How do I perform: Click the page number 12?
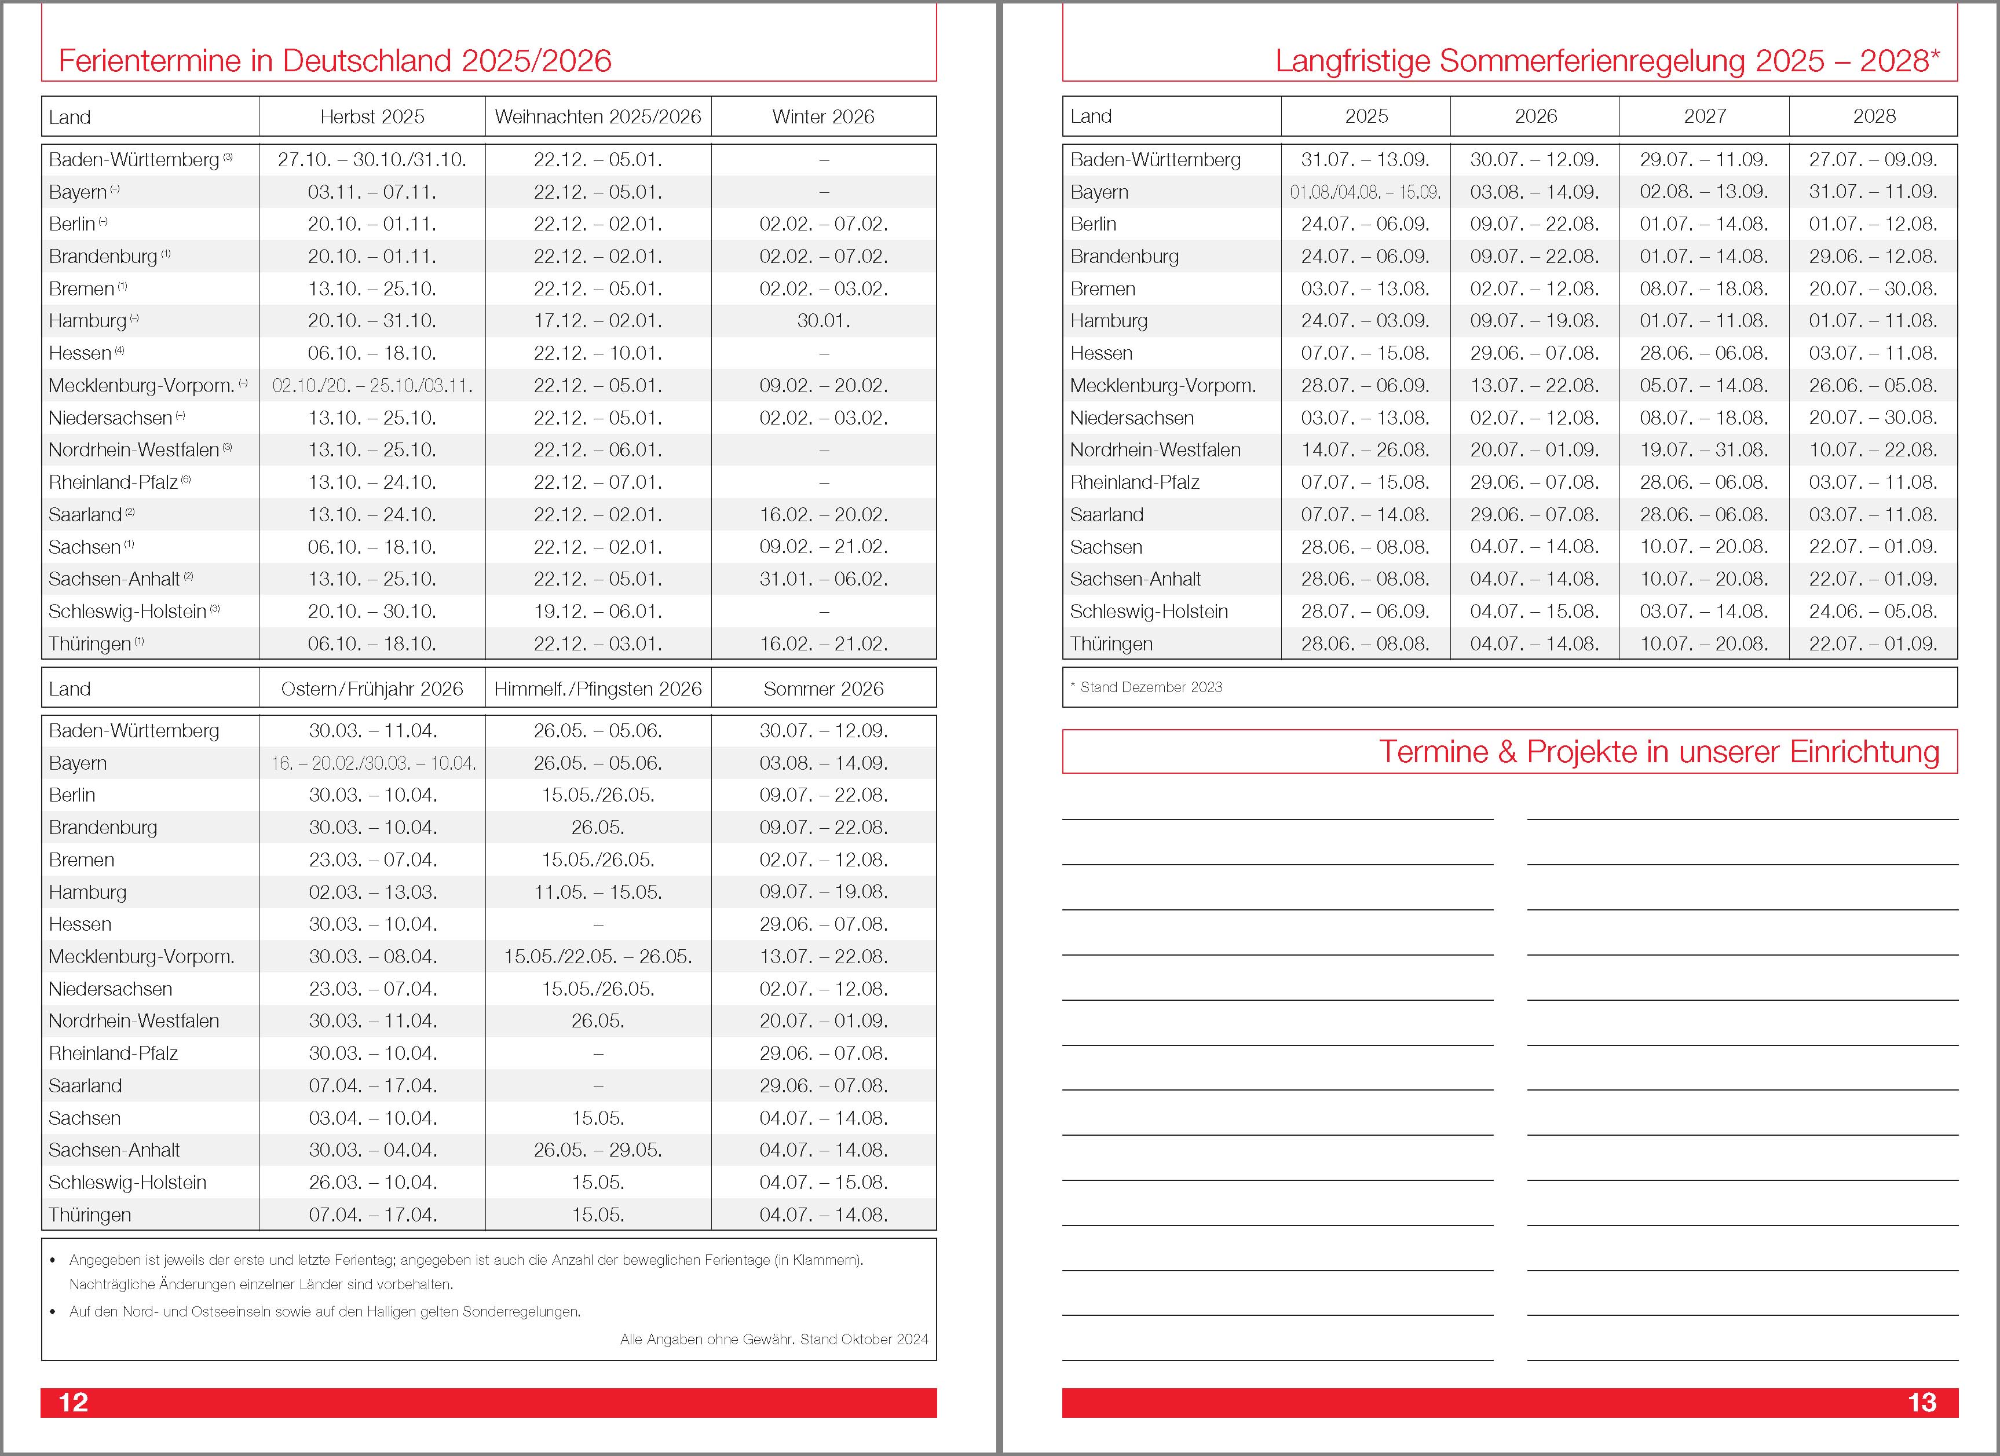coord(73,1402)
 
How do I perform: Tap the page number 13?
coord(1921,1402)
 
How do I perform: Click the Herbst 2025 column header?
coord(372,116)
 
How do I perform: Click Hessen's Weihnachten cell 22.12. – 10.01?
coord(598,353)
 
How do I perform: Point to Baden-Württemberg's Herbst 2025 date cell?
coord(372,160)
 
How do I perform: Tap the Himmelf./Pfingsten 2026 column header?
coord(598,689)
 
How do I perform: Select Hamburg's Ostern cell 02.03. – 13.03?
coord(372,891)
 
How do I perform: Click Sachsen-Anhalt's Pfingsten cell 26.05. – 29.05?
coord(598,1150)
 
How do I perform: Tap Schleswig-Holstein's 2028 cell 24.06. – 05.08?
coord(1873,611)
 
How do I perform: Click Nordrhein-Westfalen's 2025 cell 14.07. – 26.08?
coord(1365,450)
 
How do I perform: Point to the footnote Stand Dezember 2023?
coord(1151,687)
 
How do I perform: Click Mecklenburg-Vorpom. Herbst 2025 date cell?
coord(372,385)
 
